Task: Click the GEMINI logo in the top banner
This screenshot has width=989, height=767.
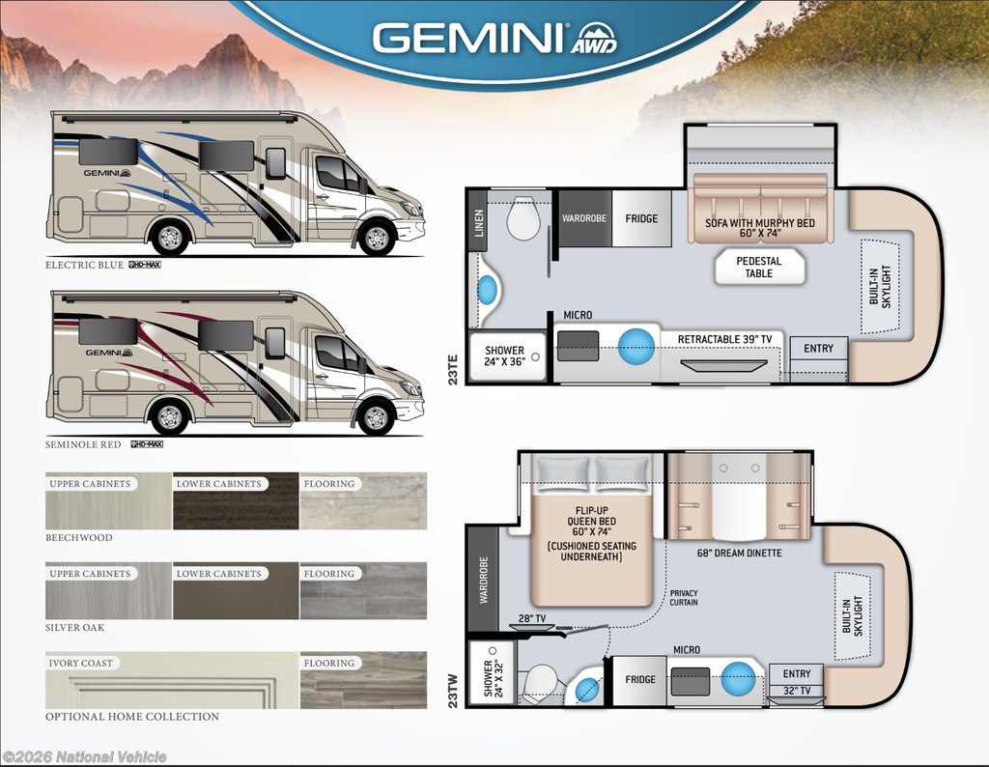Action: click(494, 39)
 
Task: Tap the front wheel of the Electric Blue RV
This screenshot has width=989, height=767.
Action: click(377, 239)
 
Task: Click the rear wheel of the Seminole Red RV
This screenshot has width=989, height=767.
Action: click(169, 416)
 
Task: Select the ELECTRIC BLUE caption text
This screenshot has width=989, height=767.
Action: click(85, 265)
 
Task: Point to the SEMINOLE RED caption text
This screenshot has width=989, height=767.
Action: click(83, 444)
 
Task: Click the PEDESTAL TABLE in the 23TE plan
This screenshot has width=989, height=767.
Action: click(759, 267)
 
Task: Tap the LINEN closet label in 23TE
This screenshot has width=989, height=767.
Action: click(479, 223)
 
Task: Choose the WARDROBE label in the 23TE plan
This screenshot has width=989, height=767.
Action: click(584, 218)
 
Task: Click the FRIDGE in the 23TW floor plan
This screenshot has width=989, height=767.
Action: click(639, 680)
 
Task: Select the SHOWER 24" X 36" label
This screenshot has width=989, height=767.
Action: click(504, 355)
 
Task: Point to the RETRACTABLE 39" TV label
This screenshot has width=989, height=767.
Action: click(724, 339)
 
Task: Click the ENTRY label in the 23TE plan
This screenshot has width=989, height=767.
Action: click(818, 348)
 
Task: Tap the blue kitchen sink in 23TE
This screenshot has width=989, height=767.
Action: click(636, 346)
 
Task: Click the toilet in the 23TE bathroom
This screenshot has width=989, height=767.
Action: click(523, 217)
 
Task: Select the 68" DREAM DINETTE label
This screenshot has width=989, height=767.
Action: click(739, 554)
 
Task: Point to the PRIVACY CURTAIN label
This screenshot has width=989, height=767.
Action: click(684, 597)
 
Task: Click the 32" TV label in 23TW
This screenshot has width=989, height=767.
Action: click(797, 691)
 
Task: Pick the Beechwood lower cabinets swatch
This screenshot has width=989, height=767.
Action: click(236, 500)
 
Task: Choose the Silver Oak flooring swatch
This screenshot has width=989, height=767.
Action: click(363, 590)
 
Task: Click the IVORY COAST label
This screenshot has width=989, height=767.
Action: click(81, 663)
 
